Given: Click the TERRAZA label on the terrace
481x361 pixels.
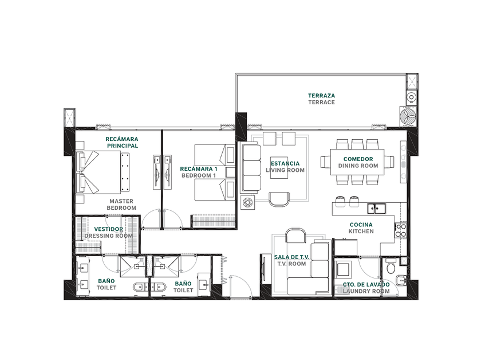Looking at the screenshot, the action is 321,96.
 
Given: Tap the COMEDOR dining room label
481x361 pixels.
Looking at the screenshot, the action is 358,159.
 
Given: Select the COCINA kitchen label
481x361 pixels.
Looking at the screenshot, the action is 361,225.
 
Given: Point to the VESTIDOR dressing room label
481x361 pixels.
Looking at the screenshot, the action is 108,229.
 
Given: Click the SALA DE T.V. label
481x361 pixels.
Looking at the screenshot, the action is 291,257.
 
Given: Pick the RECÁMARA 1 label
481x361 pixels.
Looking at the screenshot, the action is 199,169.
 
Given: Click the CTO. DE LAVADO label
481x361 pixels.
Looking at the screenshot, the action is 366,285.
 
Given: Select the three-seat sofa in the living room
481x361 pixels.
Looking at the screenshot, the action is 251,167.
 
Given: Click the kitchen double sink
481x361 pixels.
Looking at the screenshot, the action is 377,209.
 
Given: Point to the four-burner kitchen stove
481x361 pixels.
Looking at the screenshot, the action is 401,230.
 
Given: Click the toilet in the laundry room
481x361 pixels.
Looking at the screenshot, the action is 391,266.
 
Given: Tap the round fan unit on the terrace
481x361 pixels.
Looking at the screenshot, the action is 408,117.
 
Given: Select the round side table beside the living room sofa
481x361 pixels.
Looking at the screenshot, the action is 247,203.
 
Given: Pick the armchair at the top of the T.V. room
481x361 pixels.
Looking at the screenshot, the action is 295,236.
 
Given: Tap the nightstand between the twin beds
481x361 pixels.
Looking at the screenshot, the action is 230,172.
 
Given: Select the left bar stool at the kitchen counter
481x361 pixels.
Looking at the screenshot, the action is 340,201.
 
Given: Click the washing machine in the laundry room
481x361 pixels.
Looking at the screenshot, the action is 342,269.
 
